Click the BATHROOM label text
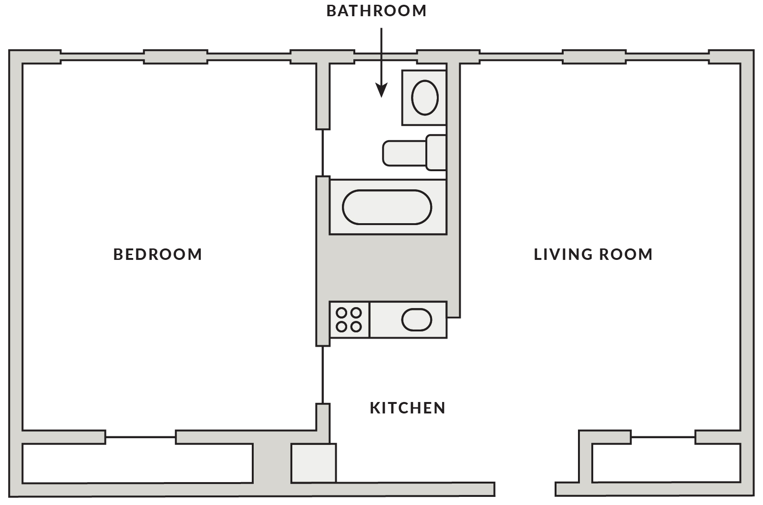pyautogui.click(x=376, y=11)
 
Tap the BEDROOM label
pyautogui.click(x=158, y=254)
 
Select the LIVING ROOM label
pyautogui.click(x=593, y=254)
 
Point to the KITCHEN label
pyautogui.click(x=408, y=408)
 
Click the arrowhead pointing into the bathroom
pyautogui.click(x=381, y=90)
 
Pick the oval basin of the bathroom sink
pyautogui.click(x=424, y=98)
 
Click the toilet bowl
pyautogui.click(x=403, y=153)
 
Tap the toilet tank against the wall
pyautogui.click(x=436, y=153)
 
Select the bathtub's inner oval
pyautogui.click(x=387, y=207)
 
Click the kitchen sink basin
pyautogui.click(x=416, y=320)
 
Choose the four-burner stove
pyautogui.click(x=349, y=320)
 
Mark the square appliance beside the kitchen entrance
pyautogui.click(x=313, y=463)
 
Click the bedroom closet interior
pyautogui.click(x=137, y=463)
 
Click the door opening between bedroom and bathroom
pyautogui.click(x=323, y=153)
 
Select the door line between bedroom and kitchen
pyautogui.click(x=323, y=375)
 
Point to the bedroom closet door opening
pyautogui.click(x=140, y=437)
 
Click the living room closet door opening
pyautogui.click(x=662, y=437)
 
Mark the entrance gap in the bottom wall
pyautogui.click(x=525, y=489)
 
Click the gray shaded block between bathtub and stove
pyautogui.click(x=387, y=268)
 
